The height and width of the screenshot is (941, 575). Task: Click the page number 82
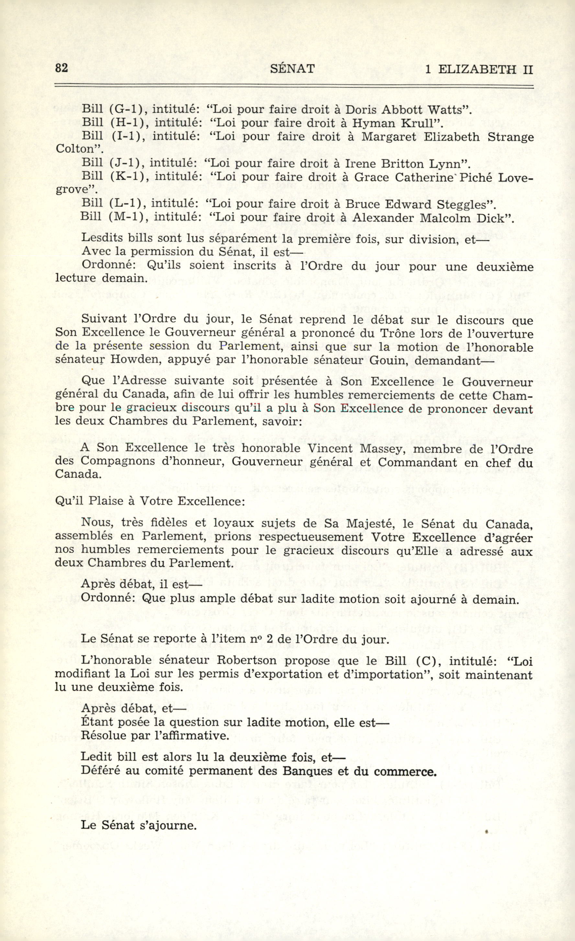coord(62,68)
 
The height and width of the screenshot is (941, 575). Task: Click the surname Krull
coord(422,123)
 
